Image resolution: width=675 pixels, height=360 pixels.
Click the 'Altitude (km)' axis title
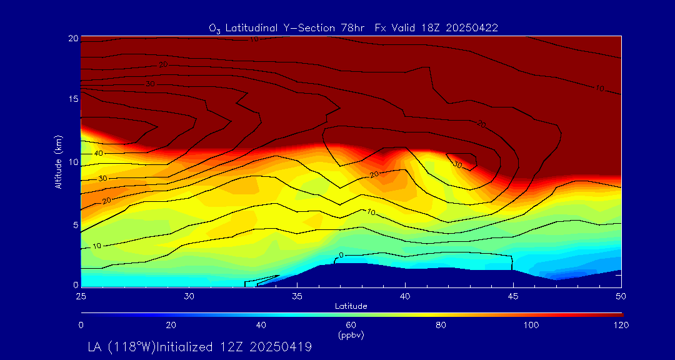coord(58,161)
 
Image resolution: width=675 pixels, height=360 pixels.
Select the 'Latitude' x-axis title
coord(351,306)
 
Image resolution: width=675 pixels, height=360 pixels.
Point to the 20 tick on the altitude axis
coord(73,38)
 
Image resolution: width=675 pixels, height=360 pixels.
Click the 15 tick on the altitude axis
coord(73,99)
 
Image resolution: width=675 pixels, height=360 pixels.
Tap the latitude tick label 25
coord(81,295)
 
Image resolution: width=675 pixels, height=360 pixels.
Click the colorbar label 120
coord(621,325)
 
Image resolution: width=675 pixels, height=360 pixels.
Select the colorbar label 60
coord(351,325)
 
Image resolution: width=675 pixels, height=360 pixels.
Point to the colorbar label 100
coord(531,325)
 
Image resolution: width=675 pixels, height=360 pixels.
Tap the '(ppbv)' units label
coord(351,335)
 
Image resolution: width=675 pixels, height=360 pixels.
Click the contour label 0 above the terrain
coord(341,255)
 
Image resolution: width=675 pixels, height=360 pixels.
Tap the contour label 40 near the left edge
coord(99,153)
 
